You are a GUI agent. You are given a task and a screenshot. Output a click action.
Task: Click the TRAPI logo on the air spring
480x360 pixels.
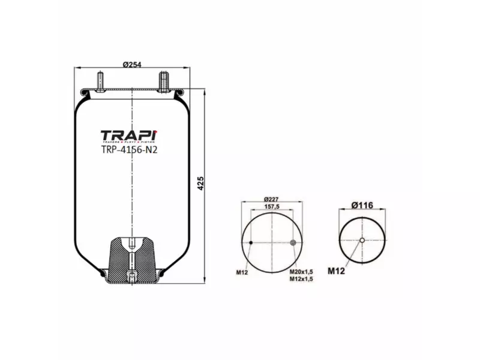point(128,136)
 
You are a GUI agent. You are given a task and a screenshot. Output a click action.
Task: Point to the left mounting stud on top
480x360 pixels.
point(100,80)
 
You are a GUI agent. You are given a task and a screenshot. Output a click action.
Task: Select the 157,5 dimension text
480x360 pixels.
point(272,208)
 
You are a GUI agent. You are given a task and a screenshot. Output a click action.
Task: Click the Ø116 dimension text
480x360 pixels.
point(362,205)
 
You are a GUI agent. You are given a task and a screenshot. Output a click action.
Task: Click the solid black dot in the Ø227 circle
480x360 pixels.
point(251,242)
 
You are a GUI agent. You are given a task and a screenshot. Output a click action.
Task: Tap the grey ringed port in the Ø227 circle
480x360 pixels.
point(293,242)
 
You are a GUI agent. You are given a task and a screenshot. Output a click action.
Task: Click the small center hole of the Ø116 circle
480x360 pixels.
point(362,241)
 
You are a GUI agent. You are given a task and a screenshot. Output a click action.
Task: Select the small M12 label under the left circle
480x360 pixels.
point(242,272)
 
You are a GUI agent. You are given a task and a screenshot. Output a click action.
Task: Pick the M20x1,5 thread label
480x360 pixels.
point(301,272)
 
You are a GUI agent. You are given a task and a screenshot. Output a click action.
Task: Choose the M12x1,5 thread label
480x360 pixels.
point(301,279)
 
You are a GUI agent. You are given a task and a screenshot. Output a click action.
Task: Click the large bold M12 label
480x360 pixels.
point(336,271)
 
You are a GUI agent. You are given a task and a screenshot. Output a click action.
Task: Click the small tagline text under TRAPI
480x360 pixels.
point(128,143)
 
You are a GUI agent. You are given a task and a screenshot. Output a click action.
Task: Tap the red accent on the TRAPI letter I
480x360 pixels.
point(155,130)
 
